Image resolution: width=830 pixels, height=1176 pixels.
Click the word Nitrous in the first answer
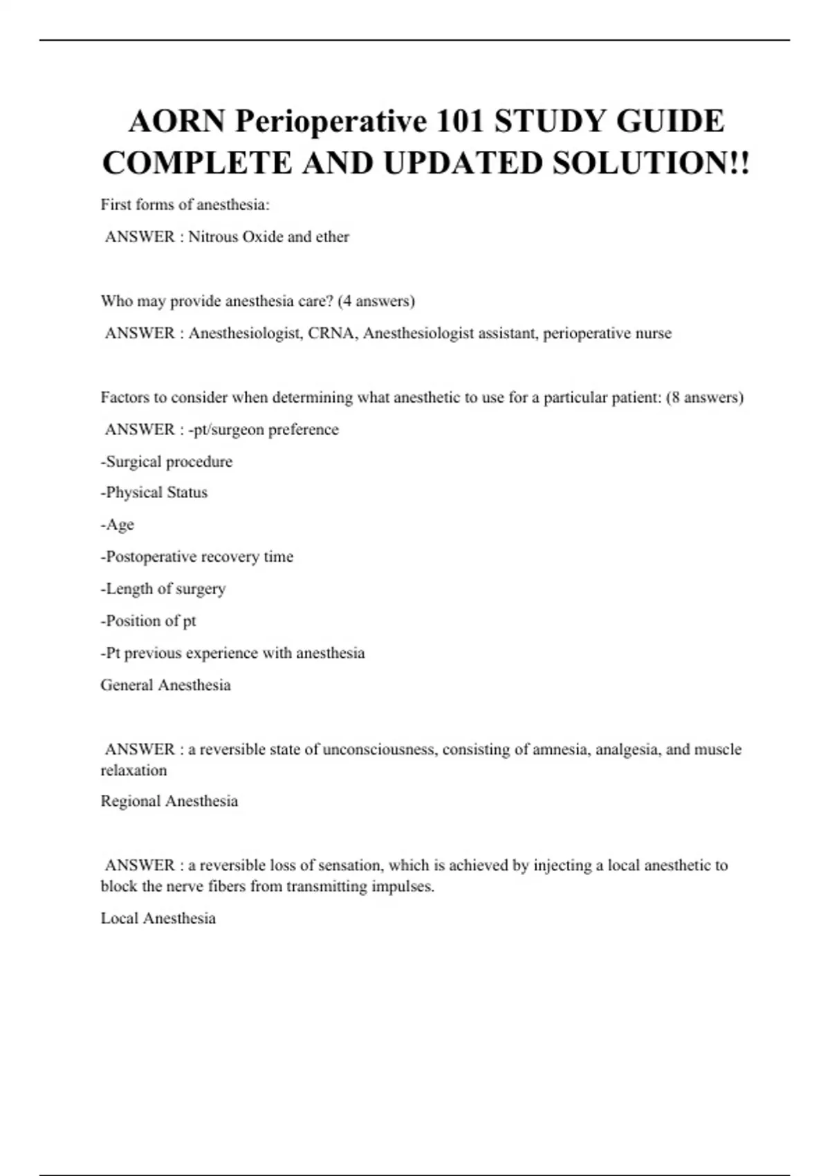pos(213,237)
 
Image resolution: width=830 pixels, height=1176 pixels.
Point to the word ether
pos(332,237)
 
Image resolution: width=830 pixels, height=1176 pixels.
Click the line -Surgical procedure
pos(167,461)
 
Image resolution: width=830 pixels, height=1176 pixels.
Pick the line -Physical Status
pos(154,493)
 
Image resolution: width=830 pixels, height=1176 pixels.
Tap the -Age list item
pos(118,524)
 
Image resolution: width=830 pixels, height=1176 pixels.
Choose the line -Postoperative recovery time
pos(197,557)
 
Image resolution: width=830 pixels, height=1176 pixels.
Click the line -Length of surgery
pos(163,589)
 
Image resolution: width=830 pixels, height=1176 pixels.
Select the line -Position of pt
pos(149,621)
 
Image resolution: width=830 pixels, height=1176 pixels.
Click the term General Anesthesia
pos(166,685)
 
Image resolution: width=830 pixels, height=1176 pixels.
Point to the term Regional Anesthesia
pos(169,801)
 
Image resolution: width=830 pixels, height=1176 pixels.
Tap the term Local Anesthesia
pos(158,918)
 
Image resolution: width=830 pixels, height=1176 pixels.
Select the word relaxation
pos(133,770)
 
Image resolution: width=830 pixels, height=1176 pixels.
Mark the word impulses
pos(403,886)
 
